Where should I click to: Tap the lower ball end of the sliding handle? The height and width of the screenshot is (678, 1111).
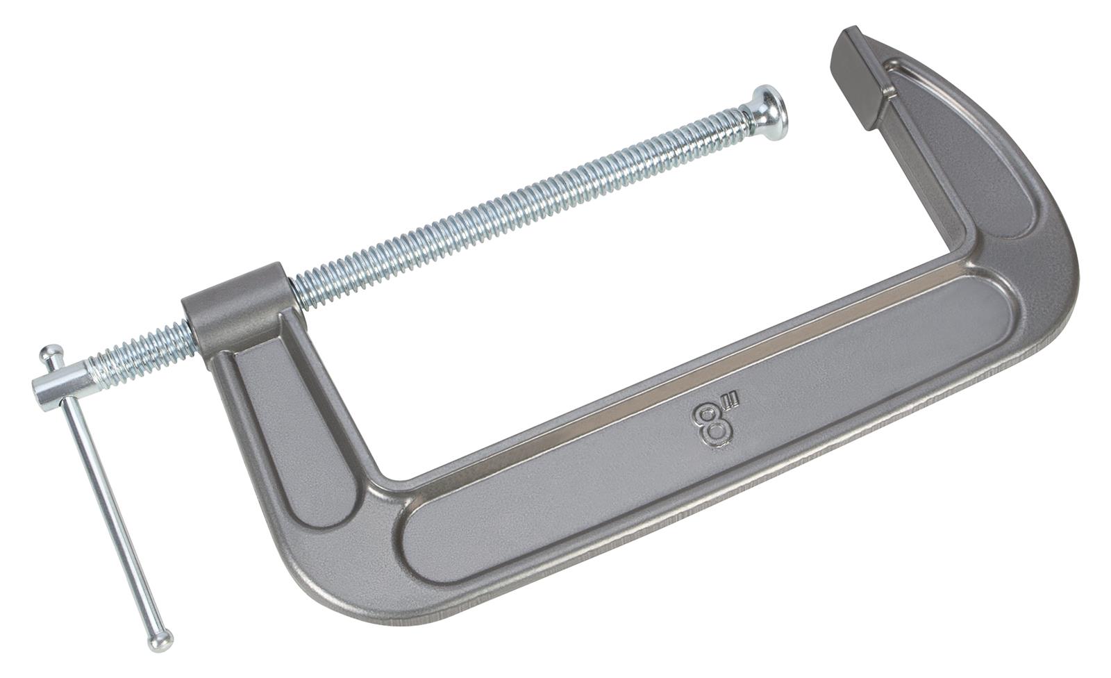click(x=161, y=640)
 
